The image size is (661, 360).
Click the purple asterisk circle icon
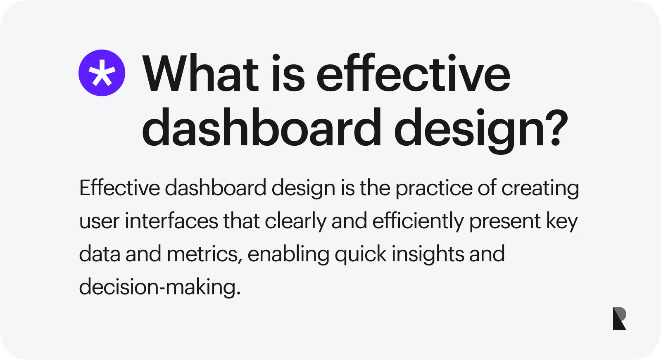point(102,73)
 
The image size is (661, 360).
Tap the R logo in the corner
point(619,318)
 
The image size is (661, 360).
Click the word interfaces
point(171,221)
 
